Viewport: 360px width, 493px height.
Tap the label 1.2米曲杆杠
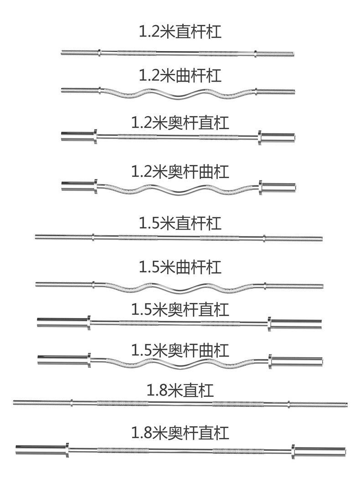point(180,75)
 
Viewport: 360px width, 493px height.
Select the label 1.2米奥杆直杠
point(180,123)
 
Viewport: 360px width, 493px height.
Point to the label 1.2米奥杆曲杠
point(180,172)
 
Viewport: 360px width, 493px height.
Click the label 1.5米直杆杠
point(180,223)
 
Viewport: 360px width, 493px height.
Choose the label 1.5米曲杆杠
point(180,267)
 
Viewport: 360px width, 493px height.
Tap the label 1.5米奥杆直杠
point(180,310)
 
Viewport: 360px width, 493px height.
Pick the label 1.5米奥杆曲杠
point(180,351)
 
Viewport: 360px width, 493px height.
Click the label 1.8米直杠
point(180,391)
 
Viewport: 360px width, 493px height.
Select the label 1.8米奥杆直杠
point(180,432)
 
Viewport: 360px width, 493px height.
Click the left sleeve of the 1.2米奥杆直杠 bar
point(77,136)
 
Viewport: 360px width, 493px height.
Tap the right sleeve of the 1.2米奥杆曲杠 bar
point(279,186)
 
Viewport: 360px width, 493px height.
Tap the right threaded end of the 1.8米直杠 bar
point(319,404)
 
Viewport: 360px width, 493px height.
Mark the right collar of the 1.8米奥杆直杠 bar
point(293,452)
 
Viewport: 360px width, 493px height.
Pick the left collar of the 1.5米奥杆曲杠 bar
point(89,361)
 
